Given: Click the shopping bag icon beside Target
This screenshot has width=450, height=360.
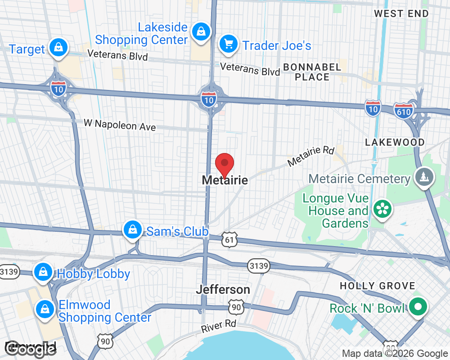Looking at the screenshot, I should coord(58,47).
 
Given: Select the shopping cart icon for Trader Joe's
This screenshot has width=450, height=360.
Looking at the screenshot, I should coord(228,44).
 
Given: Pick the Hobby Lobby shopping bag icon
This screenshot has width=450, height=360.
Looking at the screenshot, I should coord(43,272).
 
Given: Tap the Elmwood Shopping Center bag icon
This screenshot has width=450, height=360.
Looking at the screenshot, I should coord(45,309).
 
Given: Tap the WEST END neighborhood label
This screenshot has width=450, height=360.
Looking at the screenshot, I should coord(401,13).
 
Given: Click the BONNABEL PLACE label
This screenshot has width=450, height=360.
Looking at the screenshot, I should coord(312,72).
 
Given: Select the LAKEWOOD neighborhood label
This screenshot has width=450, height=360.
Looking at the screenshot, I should coord(395,142).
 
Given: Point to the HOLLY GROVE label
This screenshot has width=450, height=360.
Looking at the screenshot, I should coord(377,286).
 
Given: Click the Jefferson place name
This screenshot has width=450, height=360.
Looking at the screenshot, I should coord(223,289).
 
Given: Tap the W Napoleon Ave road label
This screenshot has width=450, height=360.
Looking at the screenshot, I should coord(120,125).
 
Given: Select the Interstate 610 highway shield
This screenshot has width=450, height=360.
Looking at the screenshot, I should coord(403,109).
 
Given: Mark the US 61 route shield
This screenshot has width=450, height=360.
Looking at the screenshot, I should coord(229,240).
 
